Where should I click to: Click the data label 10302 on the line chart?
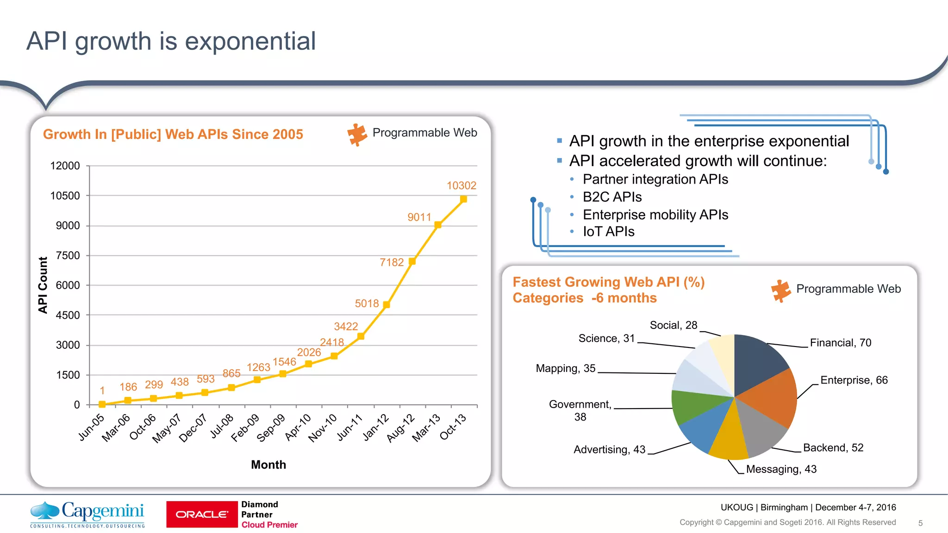point(461,186)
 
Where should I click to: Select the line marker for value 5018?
point(387,304)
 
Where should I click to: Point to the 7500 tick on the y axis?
point(68,255)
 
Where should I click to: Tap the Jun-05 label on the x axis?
point(92,427)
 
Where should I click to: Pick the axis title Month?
point(268,465)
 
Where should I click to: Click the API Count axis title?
point(43,285)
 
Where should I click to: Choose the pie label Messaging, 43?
point(781,469)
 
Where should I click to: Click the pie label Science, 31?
point(606,338)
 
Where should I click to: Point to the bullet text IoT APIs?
point(608,231)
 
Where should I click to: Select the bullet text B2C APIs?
point(612,197)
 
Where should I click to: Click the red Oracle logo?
point(202,514)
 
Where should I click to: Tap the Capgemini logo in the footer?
point(87,514)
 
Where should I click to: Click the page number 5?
point(920,523)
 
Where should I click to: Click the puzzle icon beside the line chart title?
point(357,135)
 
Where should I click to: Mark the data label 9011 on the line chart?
point(419,217)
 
